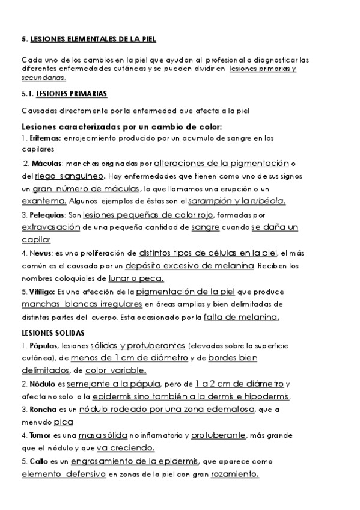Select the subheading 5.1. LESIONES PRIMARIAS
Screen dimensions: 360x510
pyautogui.click(x=64, y=94)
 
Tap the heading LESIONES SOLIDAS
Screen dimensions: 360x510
pyautogui.click(x=52, y=333)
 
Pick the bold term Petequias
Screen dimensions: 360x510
pyautogui.click(x=45, y=215)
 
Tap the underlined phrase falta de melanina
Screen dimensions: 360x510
pyautogui.click(x=241, y=317)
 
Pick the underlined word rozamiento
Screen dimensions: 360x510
pyautogui.click(x=234, y=474)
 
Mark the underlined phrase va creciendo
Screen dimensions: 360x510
pyautogui.click(x=125, y=447)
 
